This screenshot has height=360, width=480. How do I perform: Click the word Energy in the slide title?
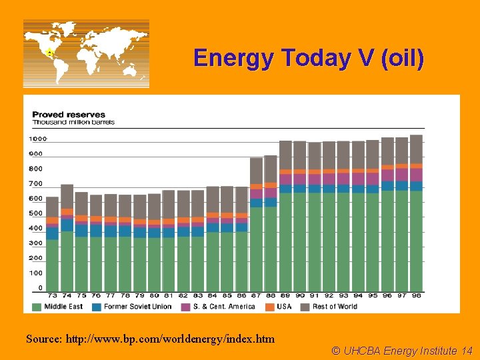tap(233, 59)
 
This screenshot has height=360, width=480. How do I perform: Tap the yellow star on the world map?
tap(49, 52)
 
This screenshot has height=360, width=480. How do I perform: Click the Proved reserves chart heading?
tap(69, 115)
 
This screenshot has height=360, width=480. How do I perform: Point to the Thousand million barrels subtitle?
tap(73, 122)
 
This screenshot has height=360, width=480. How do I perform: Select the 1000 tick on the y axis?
tap(38, 139)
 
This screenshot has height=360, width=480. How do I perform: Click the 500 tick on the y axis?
tap(36, 213)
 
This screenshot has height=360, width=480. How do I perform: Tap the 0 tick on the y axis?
tap(41, 288)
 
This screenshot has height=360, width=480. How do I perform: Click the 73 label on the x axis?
tap(53, 295)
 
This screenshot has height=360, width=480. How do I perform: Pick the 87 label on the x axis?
tap(256, 295)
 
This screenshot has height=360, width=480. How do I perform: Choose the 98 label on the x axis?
tap(416, 295)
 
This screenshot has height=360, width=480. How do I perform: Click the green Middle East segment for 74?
tap(67, 261)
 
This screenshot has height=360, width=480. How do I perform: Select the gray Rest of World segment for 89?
tap(285, 155)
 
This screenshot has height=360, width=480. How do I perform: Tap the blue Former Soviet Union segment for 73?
tap(53, 233)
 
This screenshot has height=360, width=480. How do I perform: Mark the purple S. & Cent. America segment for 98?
tap(416, 175)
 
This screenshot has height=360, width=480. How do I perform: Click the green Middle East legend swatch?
tap(37, 307)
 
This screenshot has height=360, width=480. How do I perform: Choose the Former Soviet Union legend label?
tap(138, 307)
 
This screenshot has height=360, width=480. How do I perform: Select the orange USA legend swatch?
tap(270, 307)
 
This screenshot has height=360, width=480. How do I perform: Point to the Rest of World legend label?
tap(335, 307)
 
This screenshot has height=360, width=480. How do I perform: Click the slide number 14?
tap(467, 351)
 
